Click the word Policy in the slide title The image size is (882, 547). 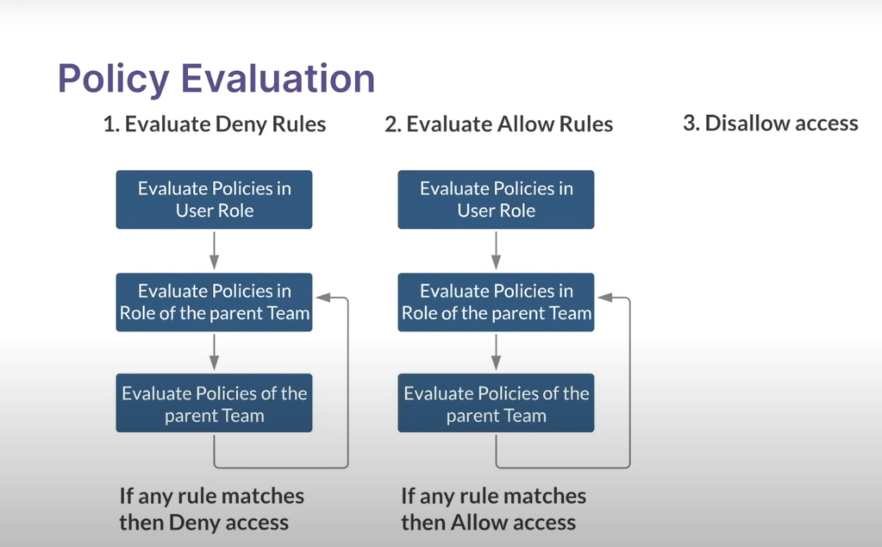(x=113, y=79)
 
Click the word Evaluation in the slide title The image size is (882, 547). (x=277, y=79)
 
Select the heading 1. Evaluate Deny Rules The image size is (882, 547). (x=215, y=124)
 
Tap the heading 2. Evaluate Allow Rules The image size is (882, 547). (x=498, y=124)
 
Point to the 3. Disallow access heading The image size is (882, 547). (x=770, y=123)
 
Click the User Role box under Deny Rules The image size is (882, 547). (x=214, y=200)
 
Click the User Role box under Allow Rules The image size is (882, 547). (x=496, y=200)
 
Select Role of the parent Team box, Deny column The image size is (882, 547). (x=214, y=302)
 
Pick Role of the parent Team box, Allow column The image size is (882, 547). (x=496, y=302)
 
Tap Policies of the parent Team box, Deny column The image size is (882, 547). (x=214, y=403)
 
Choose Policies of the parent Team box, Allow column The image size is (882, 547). (x=496, y=403)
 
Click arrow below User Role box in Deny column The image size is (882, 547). (x=214, y=251)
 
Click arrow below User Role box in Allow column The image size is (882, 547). (x=496, y=251)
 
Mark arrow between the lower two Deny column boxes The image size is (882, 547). (x=214, y=352)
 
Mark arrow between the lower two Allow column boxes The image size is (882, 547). (x=496, y=352)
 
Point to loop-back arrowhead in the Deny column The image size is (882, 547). (x=323, y=297)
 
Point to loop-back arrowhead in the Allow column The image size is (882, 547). (x=605, y=297)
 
